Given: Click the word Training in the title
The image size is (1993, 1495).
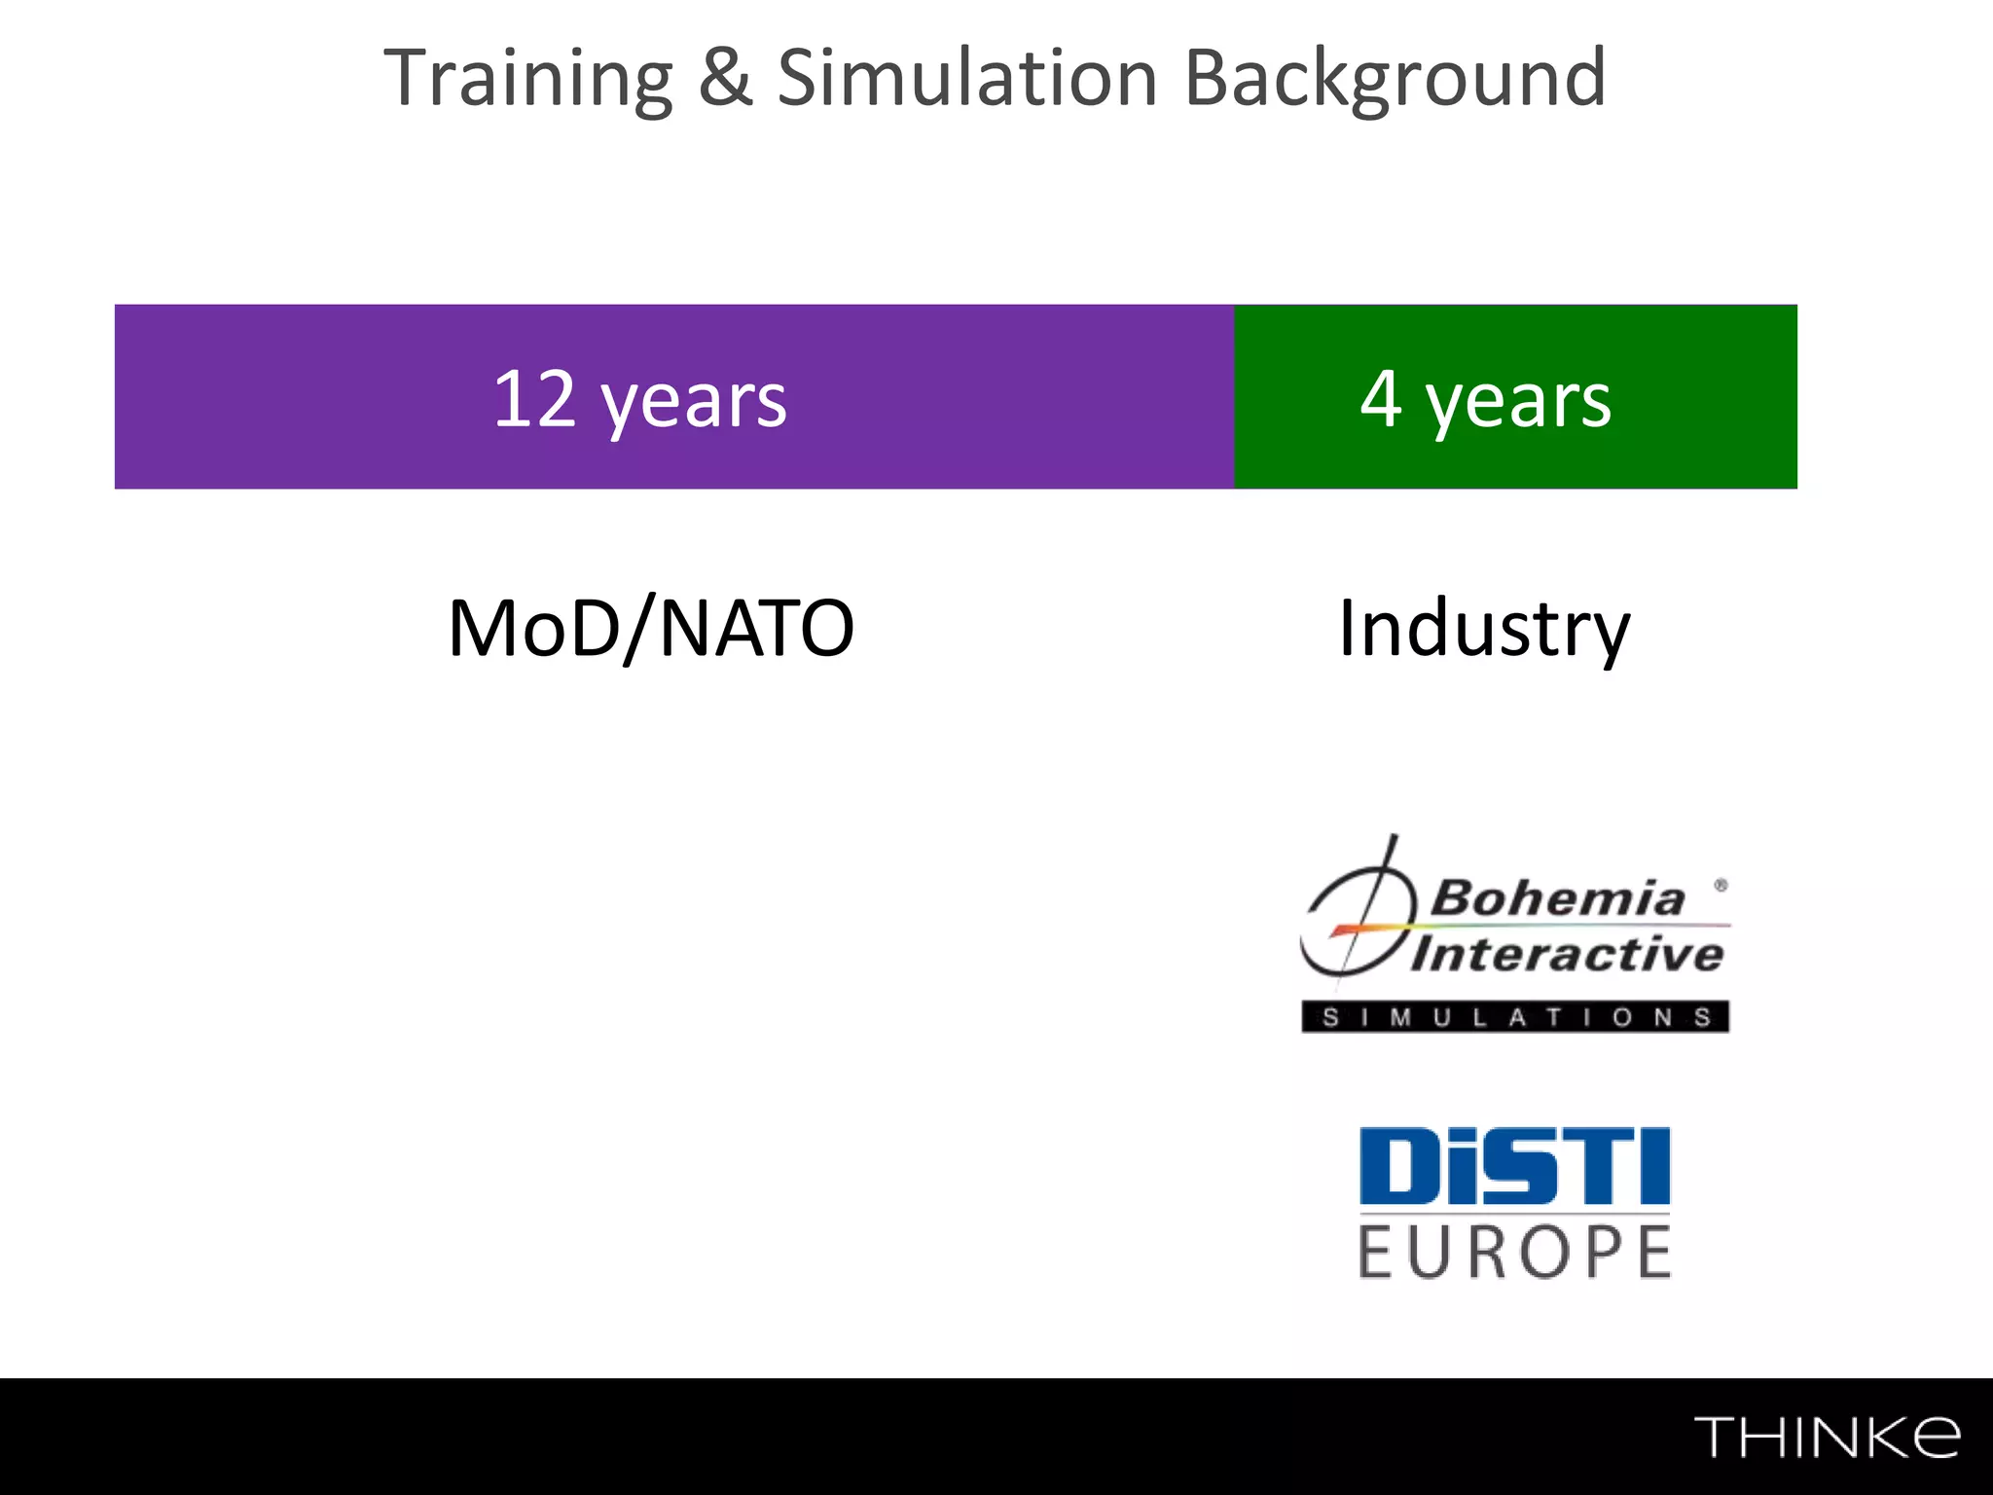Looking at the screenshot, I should coord(528,79).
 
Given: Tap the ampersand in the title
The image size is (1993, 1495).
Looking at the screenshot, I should coord(725,79).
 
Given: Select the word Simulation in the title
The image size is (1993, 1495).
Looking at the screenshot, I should coord(967,79).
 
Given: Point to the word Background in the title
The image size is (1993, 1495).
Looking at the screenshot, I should coord(1395,79).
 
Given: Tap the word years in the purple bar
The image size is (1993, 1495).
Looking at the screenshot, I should coord(694,402).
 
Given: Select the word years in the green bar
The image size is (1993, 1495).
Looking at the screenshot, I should coord(1518,402).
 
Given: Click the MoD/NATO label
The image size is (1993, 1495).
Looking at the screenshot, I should coord(650,630).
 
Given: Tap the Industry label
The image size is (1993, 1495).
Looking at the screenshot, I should coord(1483,630).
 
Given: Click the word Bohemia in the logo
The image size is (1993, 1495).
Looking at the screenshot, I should coord(1557,898).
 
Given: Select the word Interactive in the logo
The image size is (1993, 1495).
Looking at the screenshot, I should coord(1567,954).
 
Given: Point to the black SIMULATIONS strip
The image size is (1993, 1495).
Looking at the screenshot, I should coord(1515,1017).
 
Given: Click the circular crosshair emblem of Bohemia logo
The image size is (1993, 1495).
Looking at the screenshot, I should coord(1356,920).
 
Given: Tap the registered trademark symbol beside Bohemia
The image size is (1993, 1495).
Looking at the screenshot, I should coord(1721,885).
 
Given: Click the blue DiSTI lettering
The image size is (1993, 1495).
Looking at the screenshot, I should coord(1514,1166).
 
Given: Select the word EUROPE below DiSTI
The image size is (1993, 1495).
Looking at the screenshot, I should coord(1514,1253).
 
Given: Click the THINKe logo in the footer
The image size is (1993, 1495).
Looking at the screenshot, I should coord(1827,1437).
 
